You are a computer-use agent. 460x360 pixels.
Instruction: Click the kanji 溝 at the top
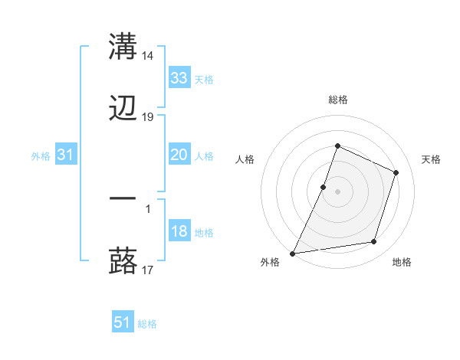123,46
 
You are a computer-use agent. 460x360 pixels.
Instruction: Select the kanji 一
123,198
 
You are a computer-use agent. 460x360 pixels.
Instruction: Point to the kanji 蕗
123,260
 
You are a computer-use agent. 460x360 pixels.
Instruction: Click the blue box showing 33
179,77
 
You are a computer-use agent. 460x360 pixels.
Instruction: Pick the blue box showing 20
179,155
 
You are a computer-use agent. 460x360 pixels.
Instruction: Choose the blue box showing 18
179,231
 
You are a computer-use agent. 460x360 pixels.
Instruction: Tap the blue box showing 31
66,155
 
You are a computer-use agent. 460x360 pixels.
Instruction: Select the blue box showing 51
123,322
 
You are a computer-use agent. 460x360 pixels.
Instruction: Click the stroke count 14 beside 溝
148,55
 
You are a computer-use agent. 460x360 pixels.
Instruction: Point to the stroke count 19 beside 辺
148,117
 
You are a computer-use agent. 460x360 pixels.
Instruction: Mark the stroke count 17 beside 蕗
148,270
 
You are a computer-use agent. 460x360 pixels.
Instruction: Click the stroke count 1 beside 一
148,207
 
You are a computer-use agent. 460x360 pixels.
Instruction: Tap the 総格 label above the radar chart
338,100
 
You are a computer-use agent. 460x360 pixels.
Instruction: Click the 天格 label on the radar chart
431,159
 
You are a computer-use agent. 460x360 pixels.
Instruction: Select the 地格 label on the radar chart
402,262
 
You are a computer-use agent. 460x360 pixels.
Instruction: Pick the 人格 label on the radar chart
245,159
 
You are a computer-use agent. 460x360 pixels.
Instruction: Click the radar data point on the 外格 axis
293,253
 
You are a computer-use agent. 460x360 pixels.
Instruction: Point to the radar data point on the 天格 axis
396,172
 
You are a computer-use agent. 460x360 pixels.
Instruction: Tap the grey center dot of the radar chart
338,191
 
